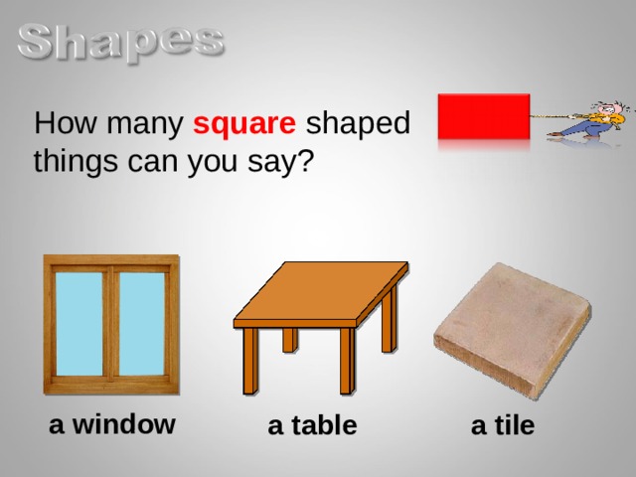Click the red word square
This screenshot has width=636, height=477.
(x=244, y=126)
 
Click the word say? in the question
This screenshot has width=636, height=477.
(x=282, y=162)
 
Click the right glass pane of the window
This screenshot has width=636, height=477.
(x=141, y=323)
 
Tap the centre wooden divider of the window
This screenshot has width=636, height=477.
(x=110, y=323)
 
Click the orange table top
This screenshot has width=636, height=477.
(x=320, y=293)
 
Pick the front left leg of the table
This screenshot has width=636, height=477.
(x=251, y=363)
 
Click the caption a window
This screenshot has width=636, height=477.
(x=112, y=424)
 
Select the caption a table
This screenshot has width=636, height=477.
(x=312, y=426)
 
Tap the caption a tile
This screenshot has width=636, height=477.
(x=502, y=426)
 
